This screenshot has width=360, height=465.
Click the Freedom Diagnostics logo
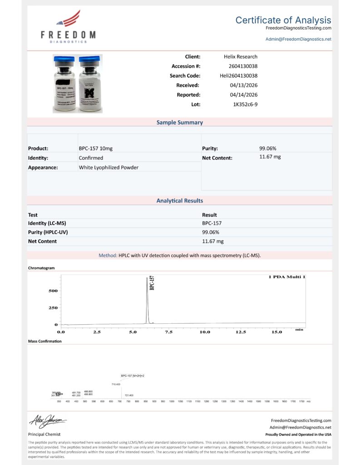coord(68,27)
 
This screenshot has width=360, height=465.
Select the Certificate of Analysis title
coord(283,20)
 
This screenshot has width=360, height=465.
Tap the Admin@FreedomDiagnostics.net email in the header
coord(298,39)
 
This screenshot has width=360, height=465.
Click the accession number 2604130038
coord(241,66)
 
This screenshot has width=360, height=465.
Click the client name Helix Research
coord(241,57)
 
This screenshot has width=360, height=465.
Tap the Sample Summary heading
coord(180,123)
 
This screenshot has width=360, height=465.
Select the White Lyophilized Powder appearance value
coord(108,168)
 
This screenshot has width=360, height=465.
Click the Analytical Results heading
coord(180,201)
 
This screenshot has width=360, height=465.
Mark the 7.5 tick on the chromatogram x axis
coord(168,332)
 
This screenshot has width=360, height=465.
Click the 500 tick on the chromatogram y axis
coord(53,291)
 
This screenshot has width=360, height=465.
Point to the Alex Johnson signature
coord(48,421)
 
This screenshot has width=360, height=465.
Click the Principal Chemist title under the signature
coord(44,435)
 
